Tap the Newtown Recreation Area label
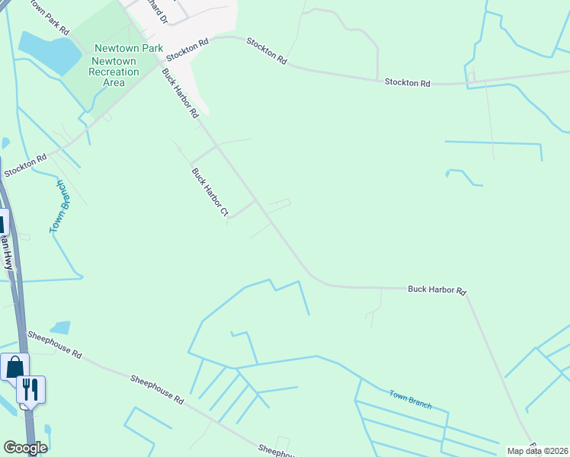click(x=114, y=72)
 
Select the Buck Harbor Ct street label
click(x=210, y=194)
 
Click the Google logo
click(x=25, y=448)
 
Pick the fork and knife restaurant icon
click(x=30, y=389)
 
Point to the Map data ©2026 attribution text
click(x=538, y=451)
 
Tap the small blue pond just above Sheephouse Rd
click(x=60, y=328)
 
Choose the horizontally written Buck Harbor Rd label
click(x=437, y=289)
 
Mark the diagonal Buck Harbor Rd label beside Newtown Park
click(x=180, y=93)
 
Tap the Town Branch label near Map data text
click(x=410, y=399)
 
